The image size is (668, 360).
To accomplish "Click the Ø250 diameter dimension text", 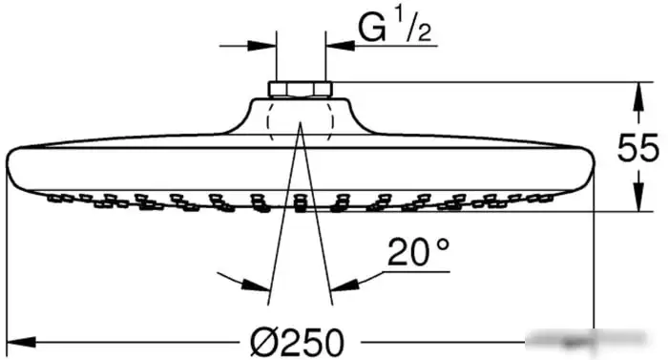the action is pos(297,342).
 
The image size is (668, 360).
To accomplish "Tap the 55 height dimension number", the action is pos(637,148).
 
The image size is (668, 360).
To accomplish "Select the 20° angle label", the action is pos(418,252).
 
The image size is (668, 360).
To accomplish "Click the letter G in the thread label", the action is pos(372,28).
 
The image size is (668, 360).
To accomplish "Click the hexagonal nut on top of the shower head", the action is pos(300,90).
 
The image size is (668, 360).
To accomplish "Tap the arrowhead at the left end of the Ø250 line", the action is pos(21,342).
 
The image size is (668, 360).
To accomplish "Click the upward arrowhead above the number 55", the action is pos(637,96).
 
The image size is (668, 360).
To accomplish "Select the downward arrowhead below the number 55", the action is pos(637,197).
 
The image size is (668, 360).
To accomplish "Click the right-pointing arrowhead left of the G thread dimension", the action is pos(261,45).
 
